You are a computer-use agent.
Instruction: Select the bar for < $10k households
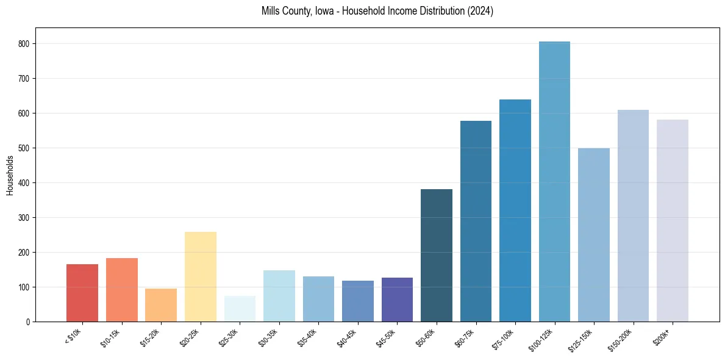(x=82, y=293)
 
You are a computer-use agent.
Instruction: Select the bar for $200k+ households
(x=672, y=220)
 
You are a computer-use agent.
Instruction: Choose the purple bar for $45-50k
(x=397, y=300)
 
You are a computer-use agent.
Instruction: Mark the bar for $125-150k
(x=593, y=235)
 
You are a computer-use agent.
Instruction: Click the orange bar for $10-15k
(x=121, y=290)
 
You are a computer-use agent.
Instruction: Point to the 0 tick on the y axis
(x=28, y=322)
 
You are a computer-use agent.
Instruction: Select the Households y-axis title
(x=10, y=175)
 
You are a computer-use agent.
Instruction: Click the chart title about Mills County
(x=377, y=11)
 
